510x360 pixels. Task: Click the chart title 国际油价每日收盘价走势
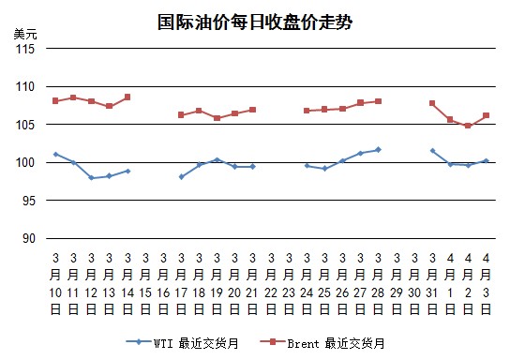coord(255,22)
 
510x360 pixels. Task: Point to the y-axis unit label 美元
coord(25,34)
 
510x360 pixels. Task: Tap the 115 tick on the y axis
coord(25,49)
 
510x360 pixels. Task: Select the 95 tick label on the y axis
coord(29,201)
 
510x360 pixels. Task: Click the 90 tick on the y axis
coord(29,239)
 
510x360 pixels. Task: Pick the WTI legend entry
coord(183,343)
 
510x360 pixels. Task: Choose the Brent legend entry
coord(322,343)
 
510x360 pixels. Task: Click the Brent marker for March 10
coord(55,101)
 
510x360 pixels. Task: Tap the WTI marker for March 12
coord(91,178)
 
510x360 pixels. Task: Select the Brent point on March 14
coord(127,97)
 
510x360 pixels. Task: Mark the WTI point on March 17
coord(182,176)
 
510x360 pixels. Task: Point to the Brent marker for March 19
coord(217,118)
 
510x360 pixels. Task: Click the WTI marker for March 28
coord(378,150)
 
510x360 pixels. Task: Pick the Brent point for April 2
coord(468,126)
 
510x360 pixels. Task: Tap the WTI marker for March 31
coord(432,151)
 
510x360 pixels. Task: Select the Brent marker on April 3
coord(487,115)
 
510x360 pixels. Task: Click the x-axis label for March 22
coord(271,284)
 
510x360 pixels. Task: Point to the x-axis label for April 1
coord(450,284)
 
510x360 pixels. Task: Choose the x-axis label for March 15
coord(145,284)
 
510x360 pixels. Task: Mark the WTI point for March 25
coord(324,169)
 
